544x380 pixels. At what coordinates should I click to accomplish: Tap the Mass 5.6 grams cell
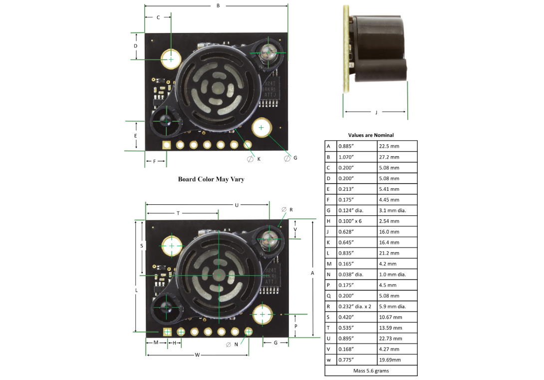[371, 371]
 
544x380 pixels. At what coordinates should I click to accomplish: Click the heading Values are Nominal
[371, 135]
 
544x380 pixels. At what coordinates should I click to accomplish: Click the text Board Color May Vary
[211, 179]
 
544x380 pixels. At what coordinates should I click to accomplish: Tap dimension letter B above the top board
[218, 5]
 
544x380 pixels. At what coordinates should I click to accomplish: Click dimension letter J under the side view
[376, 112]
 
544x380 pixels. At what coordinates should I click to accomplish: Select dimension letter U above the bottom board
[237, 205]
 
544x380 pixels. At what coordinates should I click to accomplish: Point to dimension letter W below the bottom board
[197, 355]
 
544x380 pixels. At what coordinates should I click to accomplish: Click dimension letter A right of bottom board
[312, 273]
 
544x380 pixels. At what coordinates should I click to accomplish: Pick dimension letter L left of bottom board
[136, 290]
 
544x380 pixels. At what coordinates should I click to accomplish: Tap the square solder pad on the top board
[166, 145]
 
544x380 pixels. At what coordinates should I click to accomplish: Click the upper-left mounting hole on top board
[171, 59]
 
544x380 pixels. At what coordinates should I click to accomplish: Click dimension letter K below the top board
[259, 158]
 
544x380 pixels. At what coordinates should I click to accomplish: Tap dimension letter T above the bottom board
[178, 213]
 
